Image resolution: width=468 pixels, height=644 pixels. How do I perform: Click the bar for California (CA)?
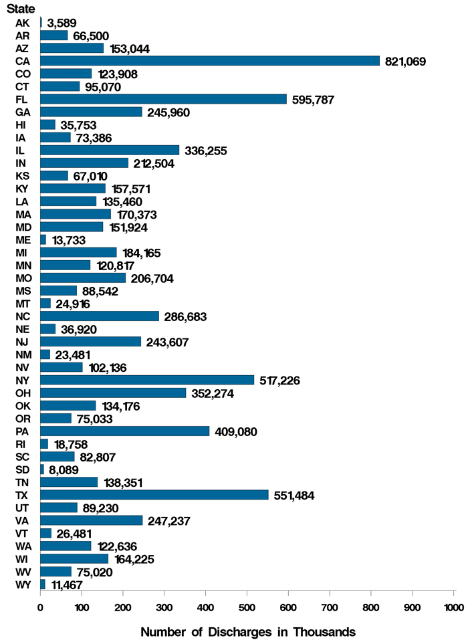(x=210, y=61)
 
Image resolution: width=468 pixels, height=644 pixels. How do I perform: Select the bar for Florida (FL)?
(x=164, y=99)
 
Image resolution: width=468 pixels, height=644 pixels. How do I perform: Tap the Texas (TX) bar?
(x=154, y=495)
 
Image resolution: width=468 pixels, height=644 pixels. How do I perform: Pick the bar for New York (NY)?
(x=147, y=380)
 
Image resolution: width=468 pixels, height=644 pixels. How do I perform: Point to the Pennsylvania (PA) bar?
(x=125, y=431)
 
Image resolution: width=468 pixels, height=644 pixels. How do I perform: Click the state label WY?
(x=22, y=584)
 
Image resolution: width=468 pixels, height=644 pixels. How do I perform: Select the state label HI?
(x=21, y=124)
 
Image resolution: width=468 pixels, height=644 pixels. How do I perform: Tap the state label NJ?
(x=21, y=342)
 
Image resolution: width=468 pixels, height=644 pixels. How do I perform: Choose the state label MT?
(x=22, y=304)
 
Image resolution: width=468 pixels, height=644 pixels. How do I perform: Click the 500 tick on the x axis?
(x=247, y=607)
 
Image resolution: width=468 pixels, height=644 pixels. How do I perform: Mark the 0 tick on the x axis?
(x=40, y=607)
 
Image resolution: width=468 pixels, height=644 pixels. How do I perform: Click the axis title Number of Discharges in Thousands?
(x=248, y=631)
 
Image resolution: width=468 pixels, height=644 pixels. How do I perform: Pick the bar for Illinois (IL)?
(x=110, y=150)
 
